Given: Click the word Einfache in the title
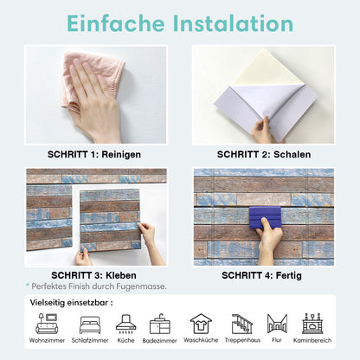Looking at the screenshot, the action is click(116, 23).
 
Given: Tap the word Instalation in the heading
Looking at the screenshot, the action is click(233, 23).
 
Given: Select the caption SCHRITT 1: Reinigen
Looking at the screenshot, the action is click(94, 154).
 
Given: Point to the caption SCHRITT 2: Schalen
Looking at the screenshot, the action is click(264, 154).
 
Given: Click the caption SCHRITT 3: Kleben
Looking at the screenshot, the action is click(93, 275).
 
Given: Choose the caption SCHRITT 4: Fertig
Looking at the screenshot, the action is click(261, 275).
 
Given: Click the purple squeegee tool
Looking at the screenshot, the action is click(265, 217).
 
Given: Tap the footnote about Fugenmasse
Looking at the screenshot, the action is click(96, 286).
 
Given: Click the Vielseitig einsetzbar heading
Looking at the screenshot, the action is click(71, 303).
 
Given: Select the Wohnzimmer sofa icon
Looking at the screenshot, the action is click(47, 324).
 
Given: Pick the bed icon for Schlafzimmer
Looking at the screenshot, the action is click(90, 325).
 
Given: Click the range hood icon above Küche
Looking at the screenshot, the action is click(125, 324).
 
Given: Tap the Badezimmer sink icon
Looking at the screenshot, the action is click(160, 324).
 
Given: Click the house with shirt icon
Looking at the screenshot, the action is click(201, 324).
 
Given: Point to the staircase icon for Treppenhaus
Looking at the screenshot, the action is click(242, 324).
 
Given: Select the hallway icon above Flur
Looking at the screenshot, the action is click(277, 324).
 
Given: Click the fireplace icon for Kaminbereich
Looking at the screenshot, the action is click(312, 324).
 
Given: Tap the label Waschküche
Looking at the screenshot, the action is click(201, 340).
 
